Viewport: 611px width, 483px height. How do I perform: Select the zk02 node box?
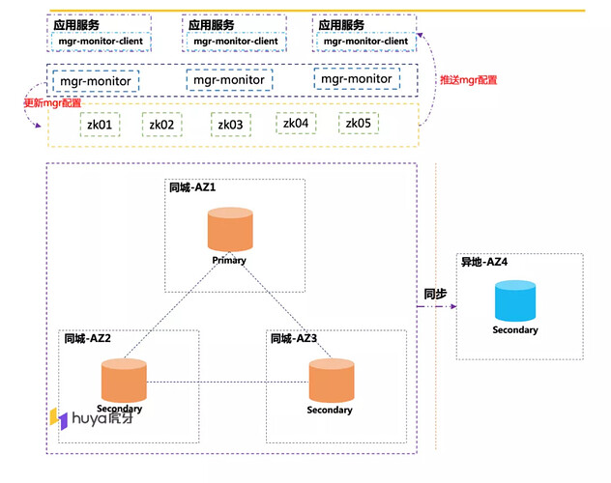[x=161, y=125]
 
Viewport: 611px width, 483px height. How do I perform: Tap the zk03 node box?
[x=230, y=125]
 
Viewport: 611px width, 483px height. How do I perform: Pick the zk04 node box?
[x=295, y=123]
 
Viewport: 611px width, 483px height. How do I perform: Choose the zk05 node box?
[x=359, y=123]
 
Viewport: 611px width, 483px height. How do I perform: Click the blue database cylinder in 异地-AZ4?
[x=514, y=301]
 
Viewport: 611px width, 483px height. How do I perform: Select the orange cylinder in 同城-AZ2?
[x=121, y=380]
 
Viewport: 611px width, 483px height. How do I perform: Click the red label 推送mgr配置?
[x=469, y=80]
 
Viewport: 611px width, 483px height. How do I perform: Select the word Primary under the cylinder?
[x=229, y=261]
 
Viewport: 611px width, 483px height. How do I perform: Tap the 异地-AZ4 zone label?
[x=485, y=263]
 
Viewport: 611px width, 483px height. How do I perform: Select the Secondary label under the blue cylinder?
[x=515, y=330]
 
